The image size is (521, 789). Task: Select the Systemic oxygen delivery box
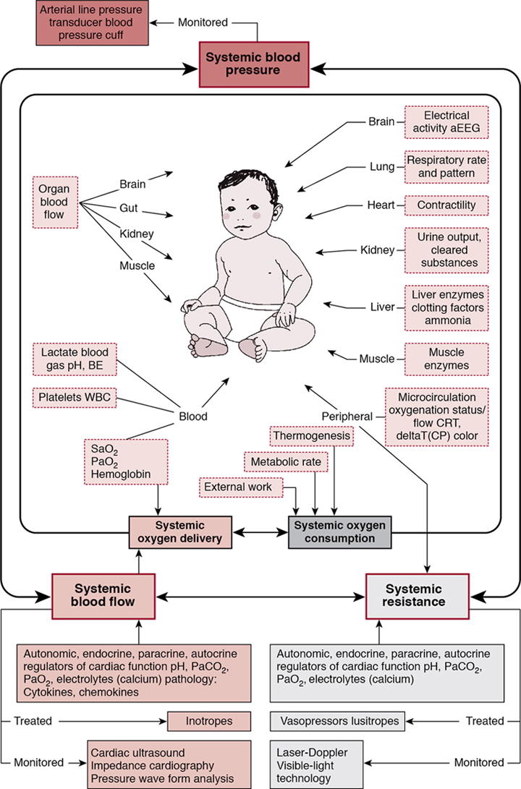(179, 532)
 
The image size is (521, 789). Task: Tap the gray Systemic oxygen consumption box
(339, 532)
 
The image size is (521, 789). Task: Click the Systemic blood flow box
(103, 594)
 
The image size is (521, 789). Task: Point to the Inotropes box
(209, 720)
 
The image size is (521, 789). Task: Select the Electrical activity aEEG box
(446, 121)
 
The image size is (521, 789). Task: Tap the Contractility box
(446, 205)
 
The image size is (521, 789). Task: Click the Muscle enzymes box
(446, 359)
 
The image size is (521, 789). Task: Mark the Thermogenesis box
(313, 437)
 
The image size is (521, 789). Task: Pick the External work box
(237, 487)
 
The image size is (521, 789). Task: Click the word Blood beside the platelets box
(193, 416)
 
